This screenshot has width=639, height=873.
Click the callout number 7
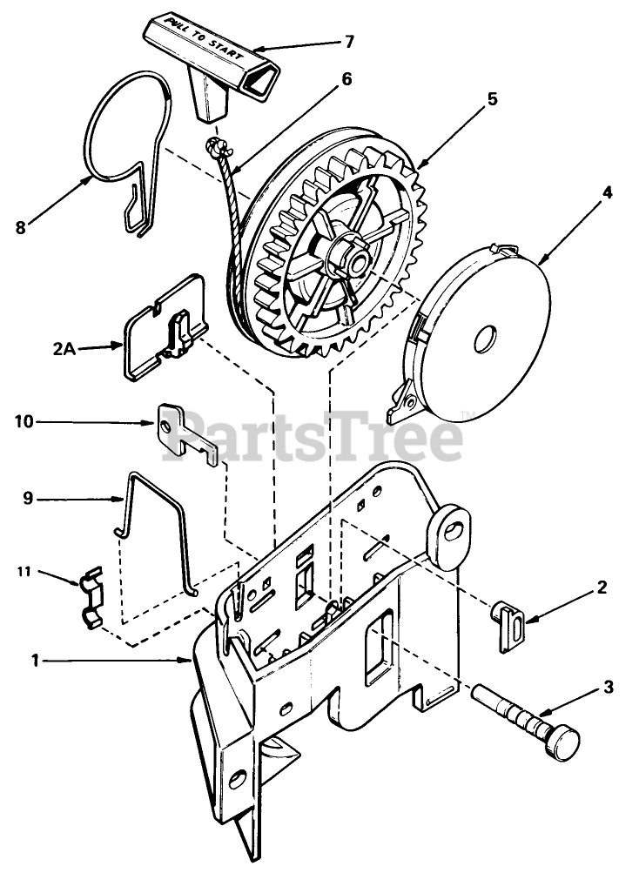[349, 41]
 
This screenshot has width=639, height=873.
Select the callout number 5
[492, 99]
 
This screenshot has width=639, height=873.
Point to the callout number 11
[25, 572]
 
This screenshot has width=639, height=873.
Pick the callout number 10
[24, 421]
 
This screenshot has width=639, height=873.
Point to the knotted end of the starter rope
[218, 147]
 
